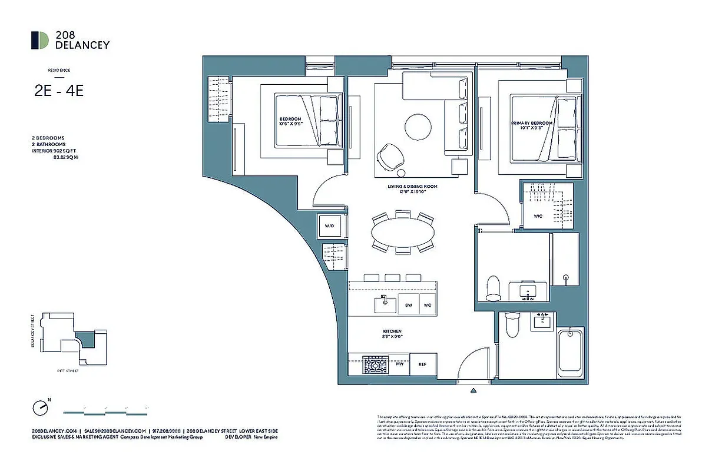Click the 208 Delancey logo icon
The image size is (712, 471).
pos(40,40)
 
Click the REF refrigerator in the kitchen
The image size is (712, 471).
pos(422,364)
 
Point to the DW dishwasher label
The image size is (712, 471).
pos(408,305)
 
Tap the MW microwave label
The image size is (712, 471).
pos(399,364)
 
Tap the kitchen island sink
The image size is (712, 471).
pos(384,304)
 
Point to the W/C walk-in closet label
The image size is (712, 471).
pos(538,216)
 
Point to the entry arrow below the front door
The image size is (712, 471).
pos(473,390)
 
